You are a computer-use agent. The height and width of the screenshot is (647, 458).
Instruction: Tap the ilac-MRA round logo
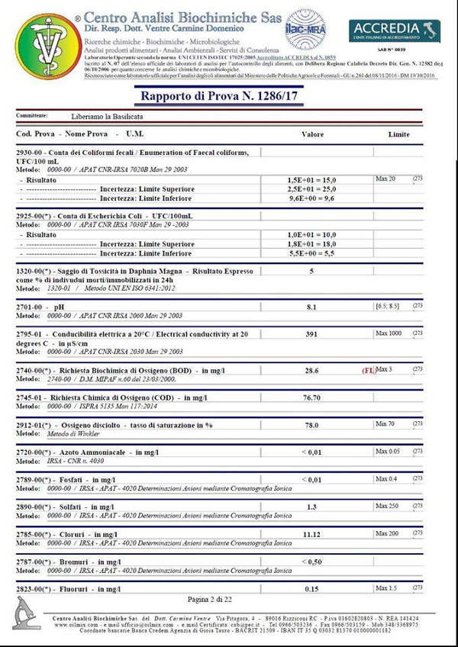tap(305, 28)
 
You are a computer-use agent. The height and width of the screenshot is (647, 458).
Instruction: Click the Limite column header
tap(398, 134)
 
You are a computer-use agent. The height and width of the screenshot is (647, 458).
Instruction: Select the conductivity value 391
tap(311, 334)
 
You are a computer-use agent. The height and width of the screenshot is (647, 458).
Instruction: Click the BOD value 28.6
tap(311, 369)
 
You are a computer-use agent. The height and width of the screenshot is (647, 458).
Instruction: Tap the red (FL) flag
tap(369, 369)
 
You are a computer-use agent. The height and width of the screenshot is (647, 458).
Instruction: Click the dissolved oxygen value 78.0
tap(311, 427)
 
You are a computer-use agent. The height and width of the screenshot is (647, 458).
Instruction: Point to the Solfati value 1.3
tap(311, 507)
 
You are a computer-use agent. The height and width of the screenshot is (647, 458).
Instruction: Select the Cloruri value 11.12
tap(311, 535)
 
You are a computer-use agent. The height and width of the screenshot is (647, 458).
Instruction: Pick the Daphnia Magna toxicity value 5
tap(311, 271)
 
